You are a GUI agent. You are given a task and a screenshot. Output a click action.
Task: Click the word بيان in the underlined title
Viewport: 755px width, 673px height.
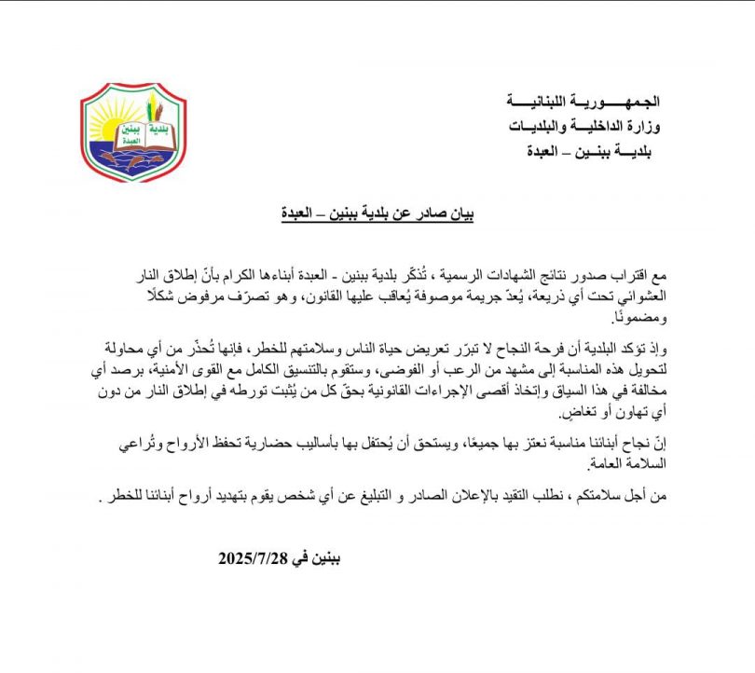(460, 213)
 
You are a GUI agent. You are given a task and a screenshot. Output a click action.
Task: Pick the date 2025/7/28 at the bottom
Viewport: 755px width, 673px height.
(252, 559)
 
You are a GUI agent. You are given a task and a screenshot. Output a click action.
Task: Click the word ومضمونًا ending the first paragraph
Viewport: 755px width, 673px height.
(631, 320)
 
